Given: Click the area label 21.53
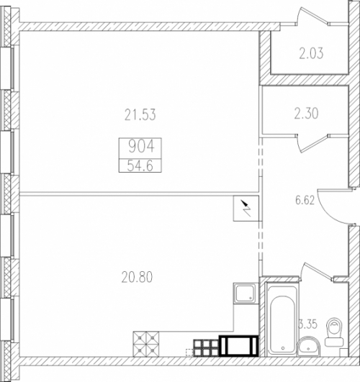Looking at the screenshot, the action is point(140,115).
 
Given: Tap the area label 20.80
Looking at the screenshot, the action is point(137,277).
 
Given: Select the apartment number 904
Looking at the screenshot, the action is point(141,147).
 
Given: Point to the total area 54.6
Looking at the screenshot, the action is point(140,166).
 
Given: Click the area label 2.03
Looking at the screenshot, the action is point(311,53).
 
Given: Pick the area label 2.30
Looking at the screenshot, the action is point(306,114).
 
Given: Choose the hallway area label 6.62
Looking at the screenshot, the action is point(305,200).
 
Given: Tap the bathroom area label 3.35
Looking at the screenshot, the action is point(308,324).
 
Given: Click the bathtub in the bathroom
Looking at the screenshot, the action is point(282,319).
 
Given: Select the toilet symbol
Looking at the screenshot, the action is point(334,332).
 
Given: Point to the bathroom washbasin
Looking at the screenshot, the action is point(308,347).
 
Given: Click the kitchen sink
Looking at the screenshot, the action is point(245,293).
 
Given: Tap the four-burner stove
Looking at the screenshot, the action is point(146,344).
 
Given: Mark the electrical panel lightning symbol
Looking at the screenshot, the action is point(246,208).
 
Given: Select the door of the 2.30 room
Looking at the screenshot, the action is point(313,143).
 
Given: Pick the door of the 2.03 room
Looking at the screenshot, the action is point(312,16).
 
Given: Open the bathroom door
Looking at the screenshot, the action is point(317,272).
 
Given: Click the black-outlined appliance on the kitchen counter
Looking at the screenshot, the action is point(238,346).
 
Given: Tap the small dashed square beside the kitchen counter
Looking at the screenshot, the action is point(189,353).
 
